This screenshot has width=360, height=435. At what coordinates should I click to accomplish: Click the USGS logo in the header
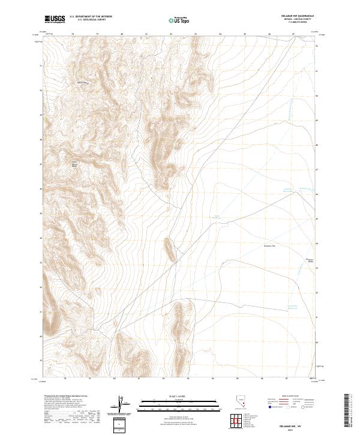click(54, 19)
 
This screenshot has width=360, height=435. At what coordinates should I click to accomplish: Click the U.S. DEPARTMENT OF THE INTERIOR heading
click(91, 17)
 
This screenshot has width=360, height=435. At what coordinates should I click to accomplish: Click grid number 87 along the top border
click(293, 34)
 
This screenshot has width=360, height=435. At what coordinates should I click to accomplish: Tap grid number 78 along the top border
click(73, 34)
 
